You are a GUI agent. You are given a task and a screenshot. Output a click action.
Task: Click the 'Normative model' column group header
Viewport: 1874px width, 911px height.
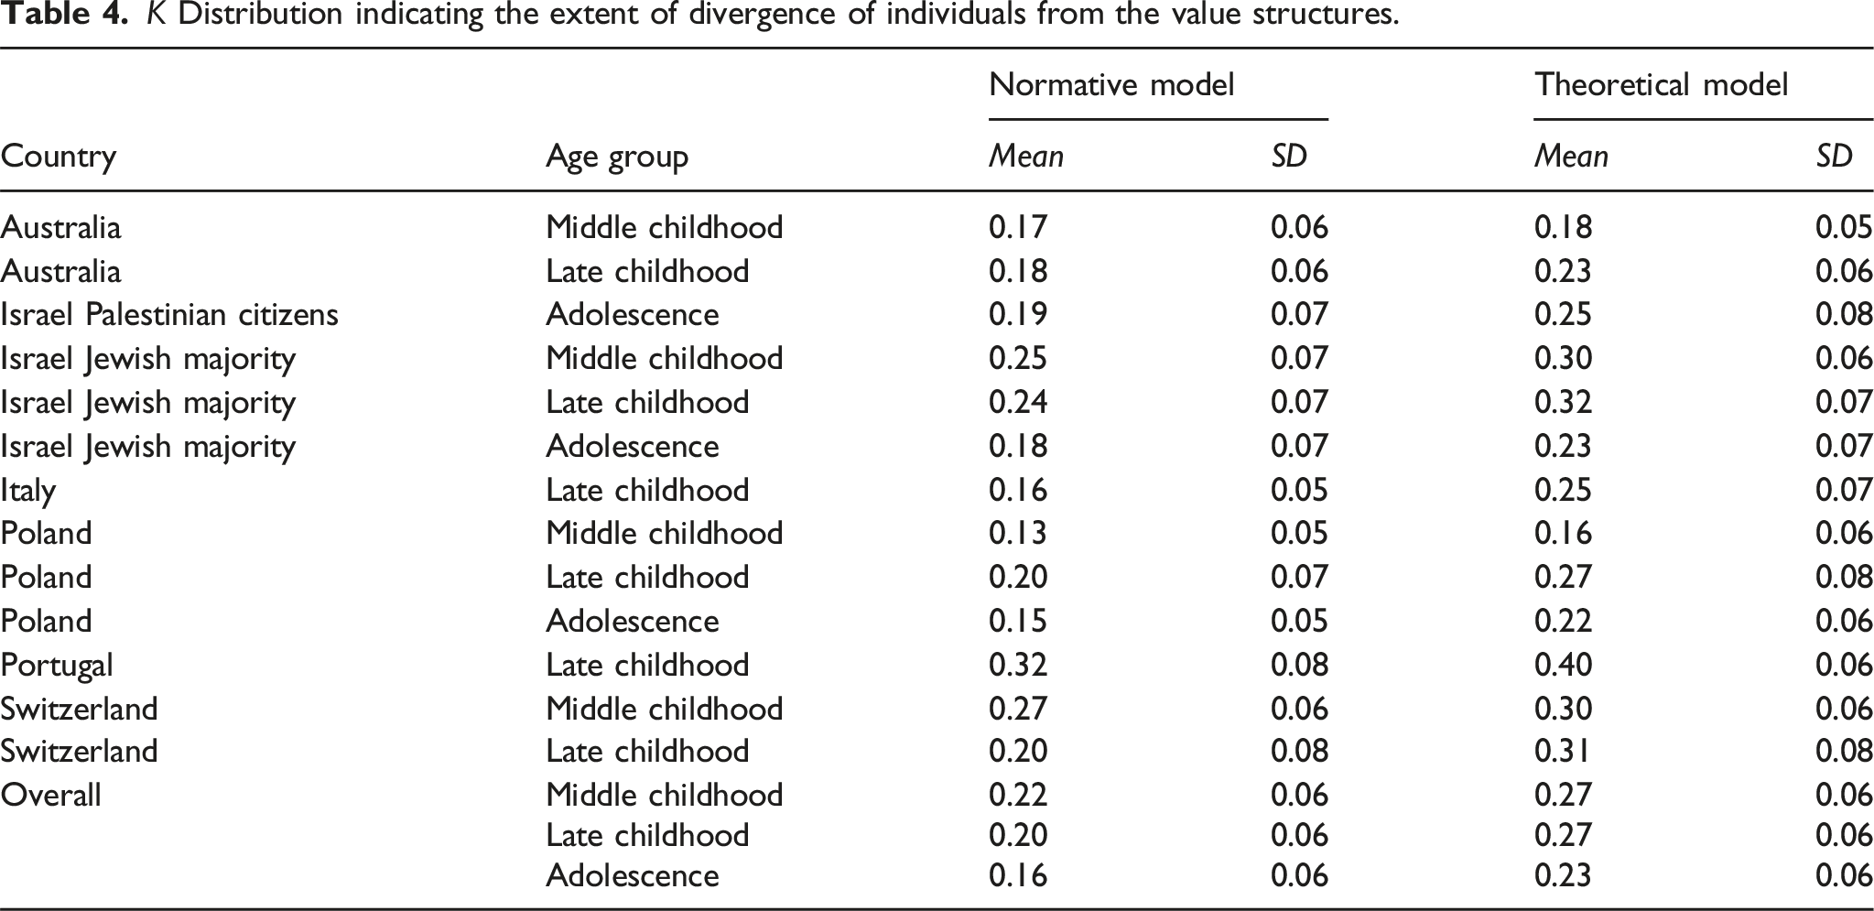[x=1111, y=84]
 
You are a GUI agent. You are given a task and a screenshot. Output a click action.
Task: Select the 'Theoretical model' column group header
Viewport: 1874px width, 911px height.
[x=1661, y=84]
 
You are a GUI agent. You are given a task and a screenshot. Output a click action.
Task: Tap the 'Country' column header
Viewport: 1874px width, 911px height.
[x=59, y=157]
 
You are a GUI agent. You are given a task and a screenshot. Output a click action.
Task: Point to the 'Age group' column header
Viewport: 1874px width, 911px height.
[x=616, y=157]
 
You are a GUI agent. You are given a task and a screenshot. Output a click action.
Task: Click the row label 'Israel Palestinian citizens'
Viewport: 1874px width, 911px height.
[x=169, y=314]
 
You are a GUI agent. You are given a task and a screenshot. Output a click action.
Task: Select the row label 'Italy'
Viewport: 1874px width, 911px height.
[x=27, y=491]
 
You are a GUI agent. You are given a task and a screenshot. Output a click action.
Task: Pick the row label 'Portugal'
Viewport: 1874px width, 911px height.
[x=57, y=666]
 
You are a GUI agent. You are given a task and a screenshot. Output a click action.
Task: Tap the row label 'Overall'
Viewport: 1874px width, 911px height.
[x=50, y=794]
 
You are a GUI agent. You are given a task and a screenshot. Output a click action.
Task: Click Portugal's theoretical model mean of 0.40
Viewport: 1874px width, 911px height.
[x=1563, y=665]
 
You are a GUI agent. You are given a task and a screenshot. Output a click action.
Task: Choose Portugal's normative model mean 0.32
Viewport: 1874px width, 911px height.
[x=1018, y=665]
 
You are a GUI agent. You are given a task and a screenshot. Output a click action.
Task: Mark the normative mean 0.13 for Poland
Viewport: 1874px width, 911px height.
[x=1018, y=533]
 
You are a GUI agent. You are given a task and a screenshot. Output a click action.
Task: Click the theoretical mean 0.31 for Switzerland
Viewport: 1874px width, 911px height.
[x=1563, y=751]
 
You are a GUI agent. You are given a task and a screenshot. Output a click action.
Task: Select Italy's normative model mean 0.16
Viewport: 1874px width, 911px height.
[x=1018, y=490]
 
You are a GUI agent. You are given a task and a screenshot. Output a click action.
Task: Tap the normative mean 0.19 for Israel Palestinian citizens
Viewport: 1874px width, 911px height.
[x=1018, y=314]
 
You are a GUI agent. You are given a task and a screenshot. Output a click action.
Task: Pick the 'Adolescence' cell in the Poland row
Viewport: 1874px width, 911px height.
[x=633, y=621]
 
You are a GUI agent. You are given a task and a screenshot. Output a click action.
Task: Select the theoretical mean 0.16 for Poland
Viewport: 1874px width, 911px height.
[x=1563, y=533]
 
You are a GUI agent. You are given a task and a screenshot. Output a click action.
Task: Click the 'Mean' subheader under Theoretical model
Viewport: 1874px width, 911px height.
[x=1571, y=157]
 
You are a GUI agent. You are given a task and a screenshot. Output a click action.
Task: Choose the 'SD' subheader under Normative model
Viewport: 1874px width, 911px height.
[x=1289, y=157]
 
